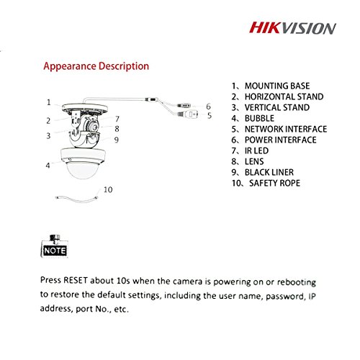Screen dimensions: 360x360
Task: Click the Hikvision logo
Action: (292, 28)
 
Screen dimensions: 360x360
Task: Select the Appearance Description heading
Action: (96, 66)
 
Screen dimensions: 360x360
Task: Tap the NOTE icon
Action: (54, 246)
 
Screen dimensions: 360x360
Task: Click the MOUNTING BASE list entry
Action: (271, 86)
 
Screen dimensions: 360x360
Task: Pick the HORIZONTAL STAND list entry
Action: (277, 96)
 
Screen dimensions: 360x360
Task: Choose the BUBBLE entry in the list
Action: (253, 118)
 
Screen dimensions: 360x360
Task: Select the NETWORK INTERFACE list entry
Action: (279, 129)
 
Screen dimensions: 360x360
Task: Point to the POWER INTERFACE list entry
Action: (274, 140)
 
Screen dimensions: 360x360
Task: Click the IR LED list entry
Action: (250, 150)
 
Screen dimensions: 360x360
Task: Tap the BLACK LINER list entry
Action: (263, 172)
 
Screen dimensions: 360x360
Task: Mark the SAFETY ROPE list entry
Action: (266, 183)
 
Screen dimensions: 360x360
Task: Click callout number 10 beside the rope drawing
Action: (108, 190)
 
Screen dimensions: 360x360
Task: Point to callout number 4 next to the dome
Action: (48, 166)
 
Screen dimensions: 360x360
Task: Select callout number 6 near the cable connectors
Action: (208, 107)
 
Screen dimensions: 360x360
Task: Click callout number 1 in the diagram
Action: (49, 102)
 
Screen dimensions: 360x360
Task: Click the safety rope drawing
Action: (77, 199)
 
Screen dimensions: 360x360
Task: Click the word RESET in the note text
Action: (76, 280)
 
